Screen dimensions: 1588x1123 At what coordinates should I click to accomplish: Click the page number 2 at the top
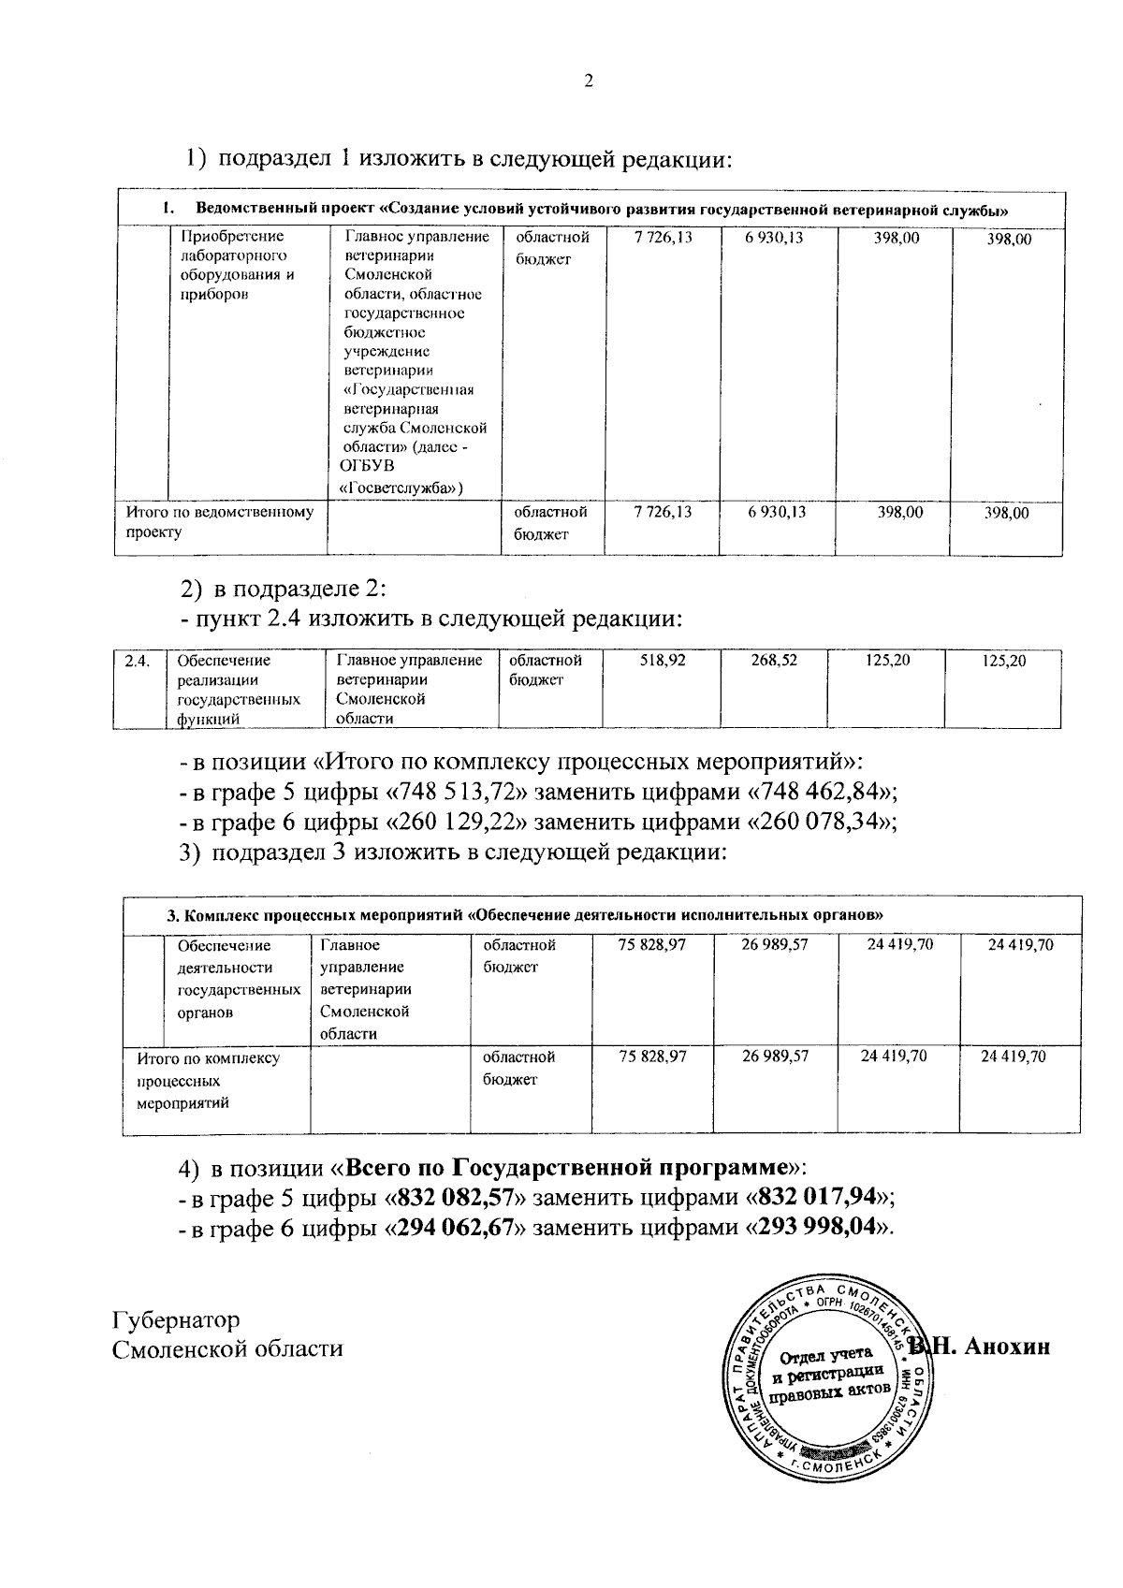click(x=589, y=81)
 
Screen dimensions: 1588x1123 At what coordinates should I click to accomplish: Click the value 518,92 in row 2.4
click(x=664, y=661)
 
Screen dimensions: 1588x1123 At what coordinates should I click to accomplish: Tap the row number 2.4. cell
click(x=138, y=662)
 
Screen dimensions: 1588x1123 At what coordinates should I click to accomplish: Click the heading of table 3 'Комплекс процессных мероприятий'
click(x=524, y=913)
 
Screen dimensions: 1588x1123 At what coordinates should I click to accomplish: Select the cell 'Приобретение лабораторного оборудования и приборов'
click(x=238, y=265)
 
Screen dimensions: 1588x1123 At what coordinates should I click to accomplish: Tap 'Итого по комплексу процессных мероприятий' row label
click(x=208, y=1080)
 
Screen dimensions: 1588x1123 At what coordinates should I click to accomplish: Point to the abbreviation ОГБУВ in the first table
click(x=366, y=466)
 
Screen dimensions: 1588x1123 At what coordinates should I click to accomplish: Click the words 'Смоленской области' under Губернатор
click(x=227, y=1348)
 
